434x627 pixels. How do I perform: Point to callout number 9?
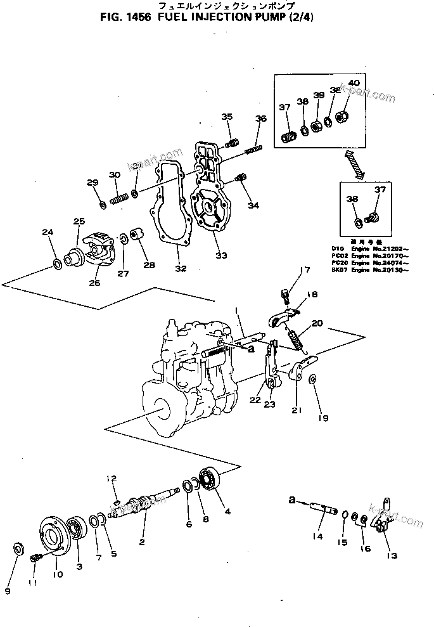(8, 591)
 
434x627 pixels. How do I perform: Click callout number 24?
(47, 233)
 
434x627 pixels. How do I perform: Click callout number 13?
(392, 556)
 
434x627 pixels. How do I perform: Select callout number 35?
(227, 116)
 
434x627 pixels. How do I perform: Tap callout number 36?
(260, 119)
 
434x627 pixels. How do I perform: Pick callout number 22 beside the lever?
(254, 400)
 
